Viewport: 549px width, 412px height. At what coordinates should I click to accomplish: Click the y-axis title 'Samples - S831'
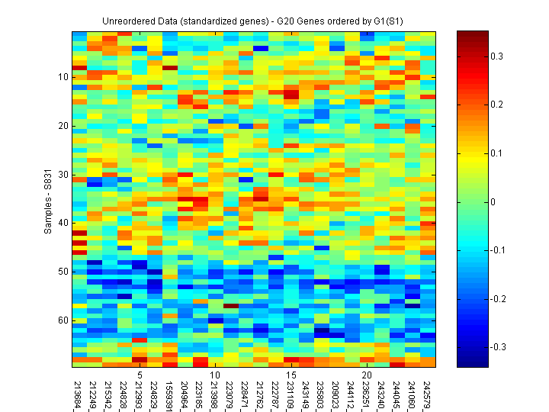[47, 199]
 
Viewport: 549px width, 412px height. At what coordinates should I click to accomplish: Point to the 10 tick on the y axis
[63, 77]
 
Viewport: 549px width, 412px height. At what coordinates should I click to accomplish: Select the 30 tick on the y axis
[63, 175]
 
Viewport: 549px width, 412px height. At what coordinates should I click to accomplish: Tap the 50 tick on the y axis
[63, 272]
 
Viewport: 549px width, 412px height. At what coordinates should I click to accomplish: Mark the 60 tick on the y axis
[63, 320]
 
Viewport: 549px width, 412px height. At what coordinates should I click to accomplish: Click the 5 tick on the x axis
[140, 376]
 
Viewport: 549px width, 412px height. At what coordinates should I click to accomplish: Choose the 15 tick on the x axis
[291, 376]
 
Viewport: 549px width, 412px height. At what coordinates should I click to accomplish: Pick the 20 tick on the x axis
[367, 376]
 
